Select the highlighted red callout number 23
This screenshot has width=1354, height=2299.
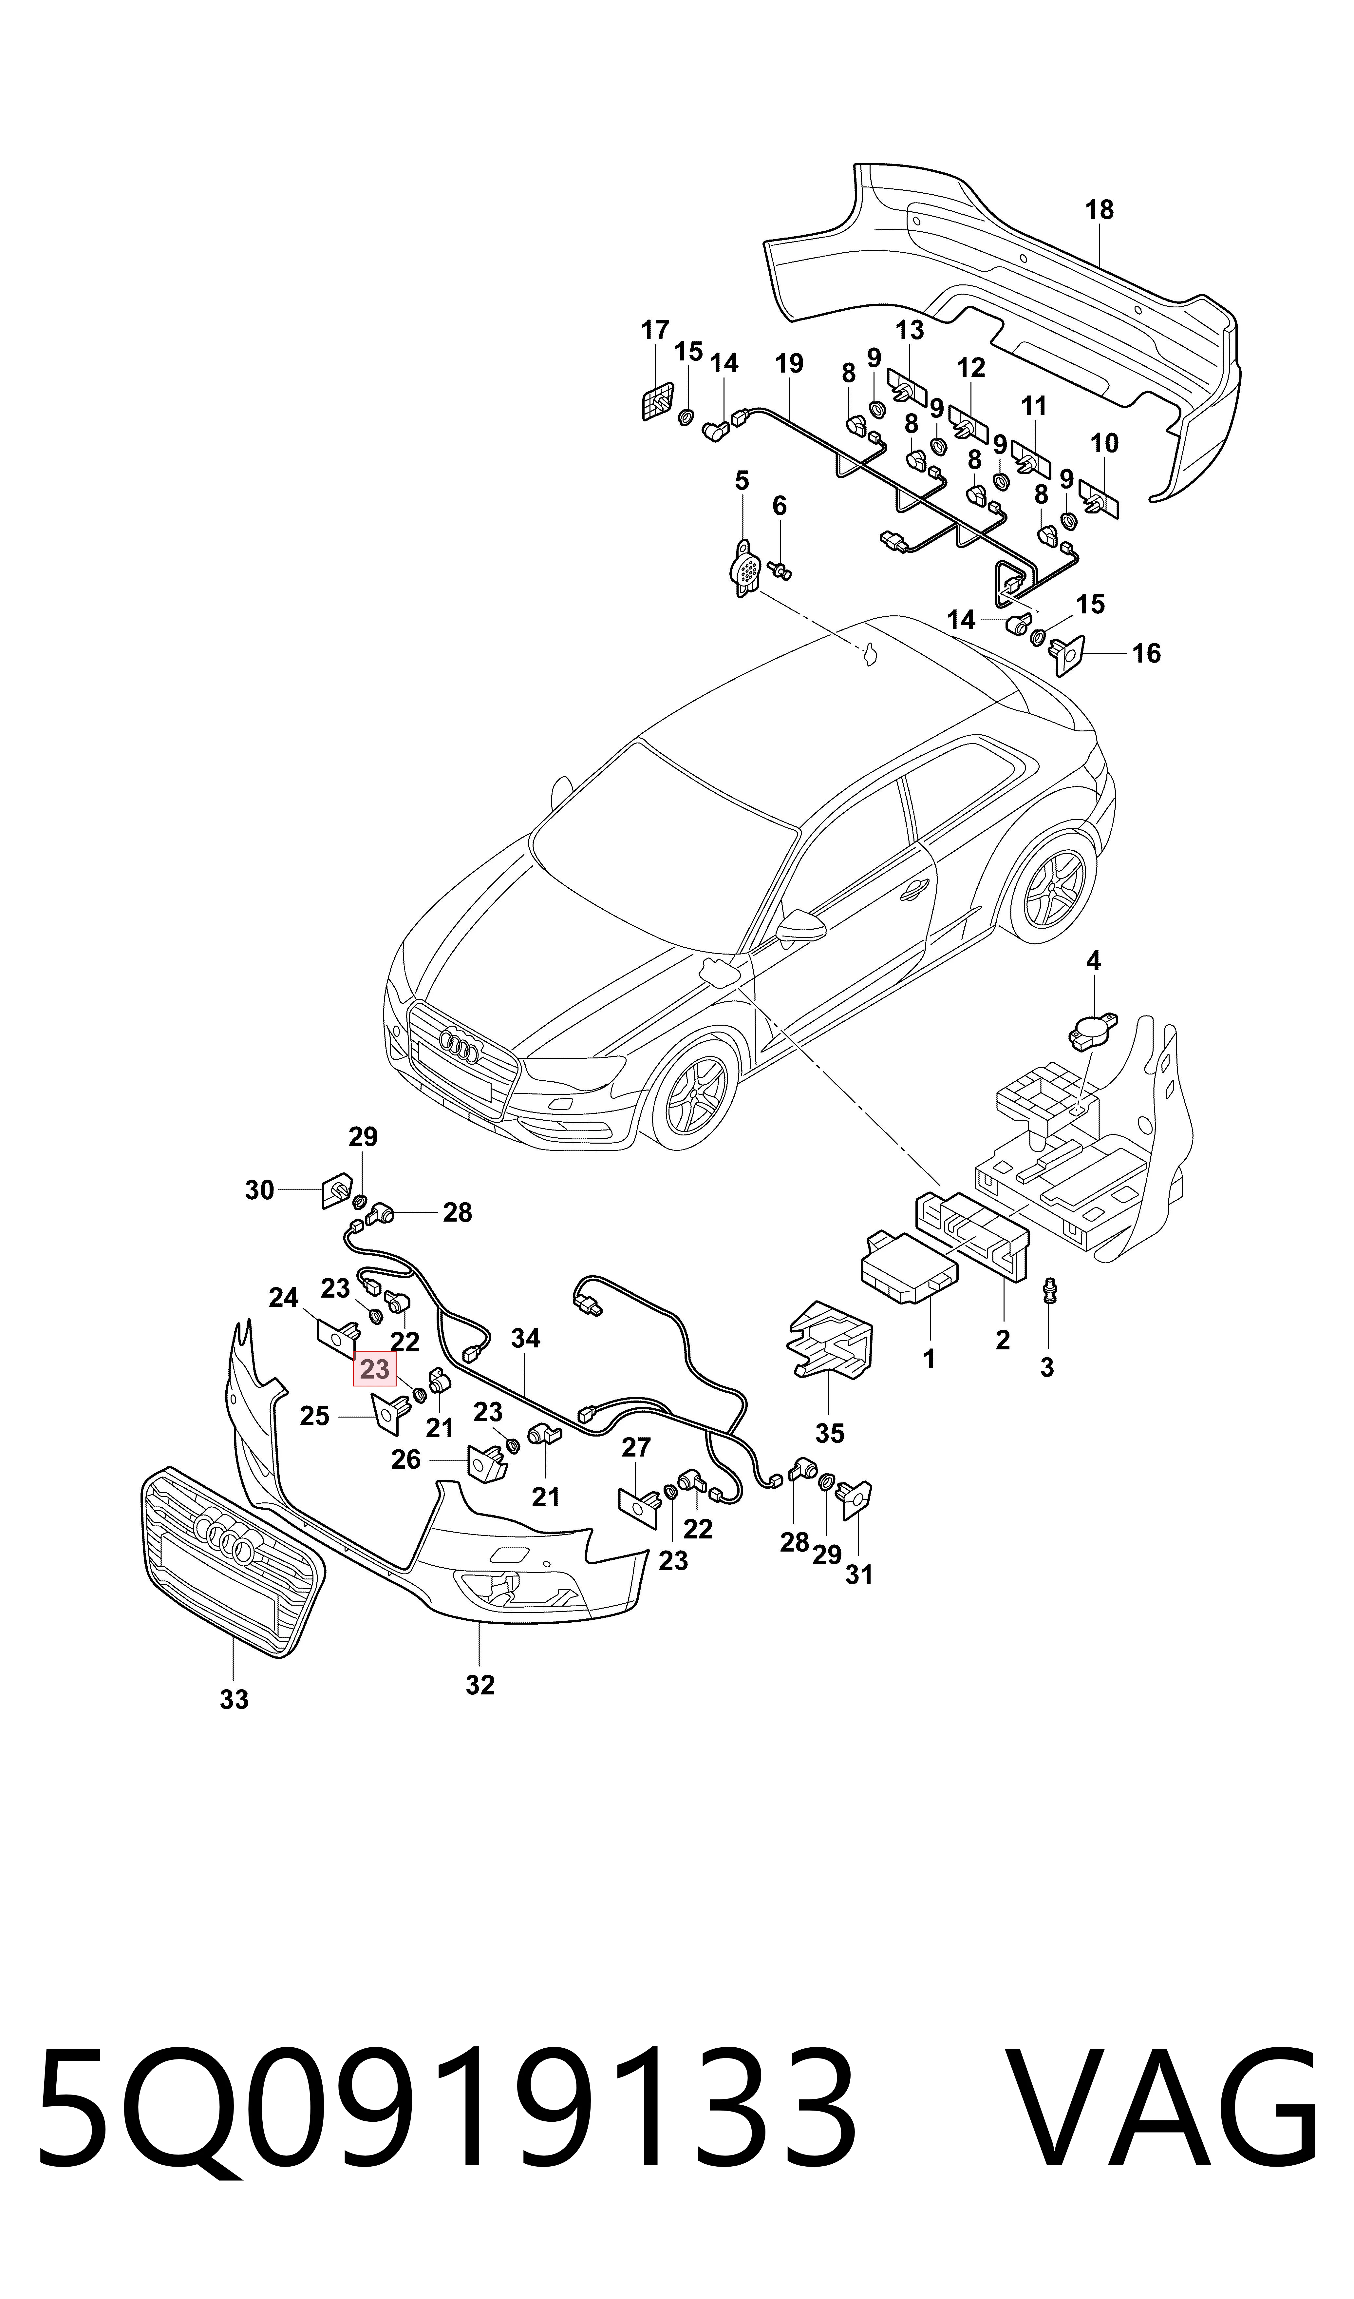coord(375,1369)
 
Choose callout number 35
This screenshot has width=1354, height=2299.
coord(829,1433)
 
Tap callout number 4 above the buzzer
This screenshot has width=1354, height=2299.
coord(1093,960)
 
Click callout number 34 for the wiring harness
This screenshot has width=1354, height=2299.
coord(526,1339)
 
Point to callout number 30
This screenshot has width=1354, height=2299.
coord(260,1190)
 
